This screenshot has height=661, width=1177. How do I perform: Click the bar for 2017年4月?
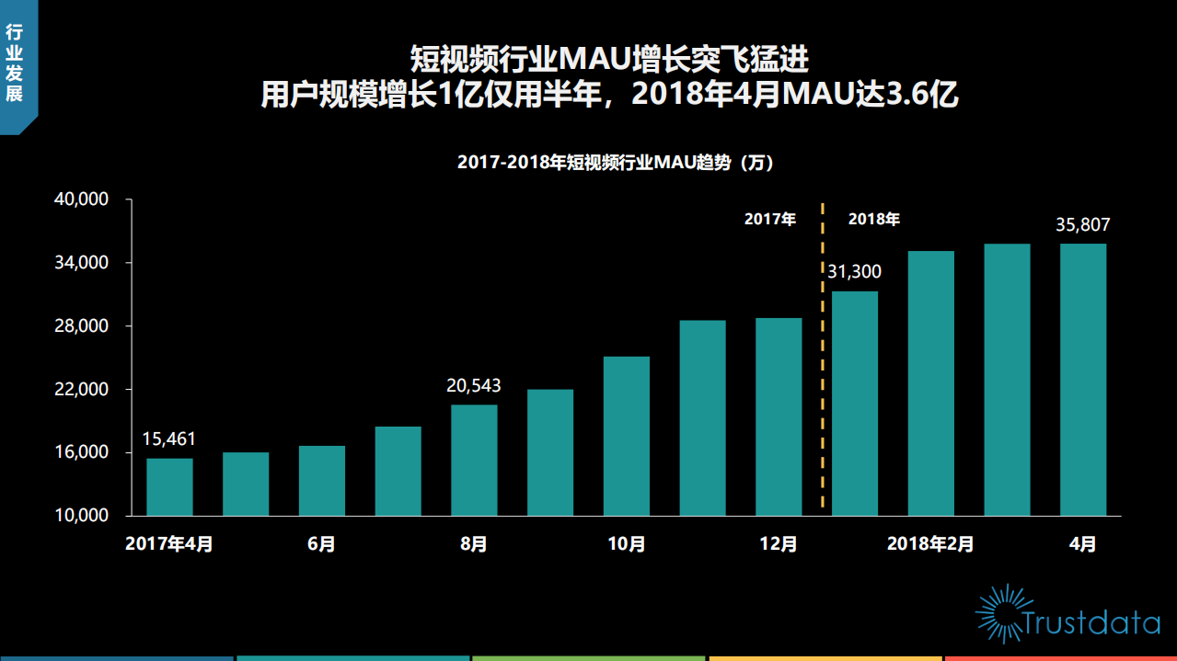(x=169, y=486)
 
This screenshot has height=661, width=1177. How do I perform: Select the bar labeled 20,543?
(x=474, y=460)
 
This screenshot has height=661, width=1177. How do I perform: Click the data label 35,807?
(x=1083, y=224)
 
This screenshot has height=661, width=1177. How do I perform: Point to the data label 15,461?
(x=169, y=439)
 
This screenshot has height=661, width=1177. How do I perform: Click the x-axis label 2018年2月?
(x=930, y=544)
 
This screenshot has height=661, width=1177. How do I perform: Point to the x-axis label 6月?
(x=321, y=544)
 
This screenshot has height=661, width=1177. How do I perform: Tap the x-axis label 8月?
(x=474, y=544)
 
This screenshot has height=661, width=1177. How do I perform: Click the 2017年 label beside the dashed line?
(x=769, y=220)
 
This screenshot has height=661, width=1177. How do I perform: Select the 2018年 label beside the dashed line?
(x=873, y=220)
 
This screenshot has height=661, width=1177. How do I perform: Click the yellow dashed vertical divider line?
(x=823, y=368)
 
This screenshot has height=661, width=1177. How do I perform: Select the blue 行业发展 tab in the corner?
(x=16, y=64)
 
